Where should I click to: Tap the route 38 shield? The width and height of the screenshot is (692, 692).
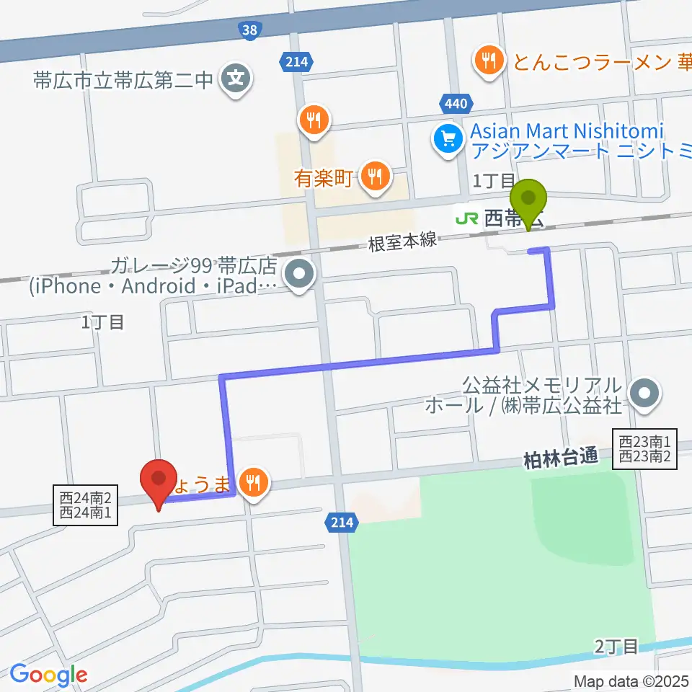pyautogui.click(x=249, y=30)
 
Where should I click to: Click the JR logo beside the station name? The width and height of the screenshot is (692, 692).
pyautogui.click(x=467, y=218)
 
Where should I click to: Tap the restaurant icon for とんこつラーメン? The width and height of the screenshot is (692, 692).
pyautogui.click(x=490, y=61)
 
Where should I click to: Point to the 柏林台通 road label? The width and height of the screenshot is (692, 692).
pyautogui.click(x=562, y=456)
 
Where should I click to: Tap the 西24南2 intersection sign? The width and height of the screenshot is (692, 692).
pyautogui.click(x=86, y=497)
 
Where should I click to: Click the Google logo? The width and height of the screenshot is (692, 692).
pyautogui.click(x=49, y=675)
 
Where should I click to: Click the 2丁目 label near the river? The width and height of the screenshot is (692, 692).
pyautogui.click(x=618, y=646)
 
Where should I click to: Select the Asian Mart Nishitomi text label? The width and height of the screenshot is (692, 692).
pyautogui.click(x=567, y=132)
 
